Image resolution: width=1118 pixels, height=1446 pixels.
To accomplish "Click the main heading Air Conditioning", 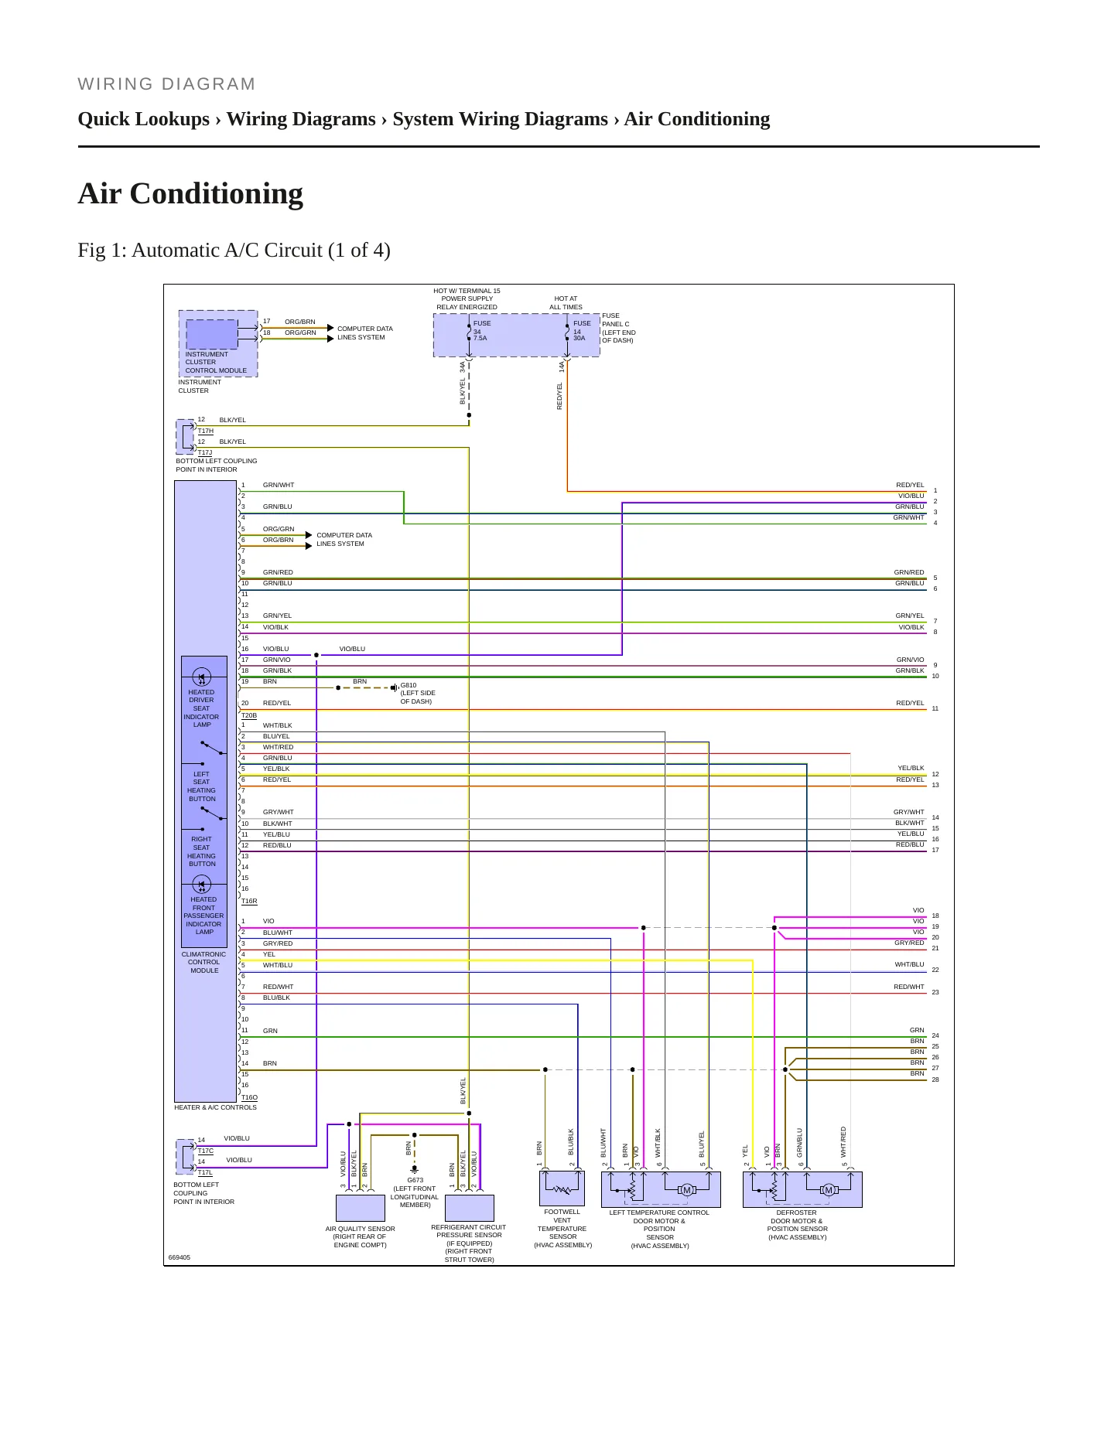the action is tap(190, 193).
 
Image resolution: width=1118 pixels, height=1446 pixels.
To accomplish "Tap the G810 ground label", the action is tap(409, 685).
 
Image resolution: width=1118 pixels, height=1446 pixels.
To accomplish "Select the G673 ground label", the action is tap(415, 1180).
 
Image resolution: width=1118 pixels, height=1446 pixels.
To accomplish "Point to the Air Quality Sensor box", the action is tap(361, 1208).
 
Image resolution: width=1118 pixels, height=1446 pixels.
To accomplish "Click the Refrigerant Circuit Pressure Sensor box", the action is tap(470, 1208).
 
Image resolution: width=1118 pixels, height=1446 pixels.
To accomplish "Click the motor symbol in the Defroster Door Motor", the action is tap(829, 1190).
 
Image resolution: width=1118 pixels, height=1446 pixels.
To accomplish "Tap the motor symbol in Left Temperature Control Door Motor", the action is tap(687, 1190).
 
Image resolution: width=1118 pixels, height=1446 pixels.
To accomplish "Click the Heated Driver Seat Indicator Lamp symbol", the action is tap(201, 677).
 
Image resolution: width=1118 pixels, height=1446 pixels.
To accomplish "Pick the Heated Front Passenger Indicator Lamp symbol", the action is tap(201, 885).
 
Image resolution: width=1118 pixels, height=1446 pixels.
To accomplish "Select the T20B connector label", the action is tap(249, 715).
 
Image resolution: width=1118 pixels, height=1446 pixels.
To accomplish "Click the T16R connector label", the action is tap(249, 901).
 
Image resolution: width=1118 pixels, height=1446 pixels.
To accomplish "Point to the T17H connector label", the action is tap(206, 431).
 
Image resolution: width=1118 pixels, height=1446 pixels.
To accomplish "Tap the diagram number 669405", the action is tap(179, 1257).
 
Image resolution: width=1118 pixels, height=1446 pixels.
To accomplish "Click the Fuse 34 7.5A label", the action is tap(481, 331).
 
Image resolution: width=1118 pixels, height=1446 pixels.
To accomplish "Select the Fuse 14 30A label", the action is tap(582, 331).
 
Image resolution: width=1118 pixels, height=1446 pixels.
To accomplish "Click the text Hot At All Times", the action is tap(566, 303).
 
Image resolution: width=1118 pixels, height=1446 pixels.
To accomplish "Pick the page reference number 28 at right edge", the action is tap(935, 1079).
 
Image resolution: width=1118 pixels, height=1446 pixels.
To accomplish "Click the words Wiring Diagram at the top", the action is tap(166, 84).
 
